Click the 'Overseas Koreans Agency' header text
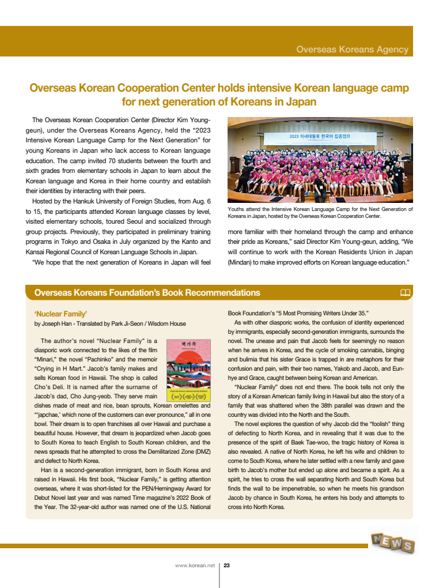click(x=352, y=50)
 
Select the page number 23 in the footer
click(x=227, y=566)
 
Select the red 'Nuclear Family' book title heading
click(x=60, y=314)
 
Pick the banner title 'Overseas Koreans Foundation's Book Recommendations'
click(x=147, y=293)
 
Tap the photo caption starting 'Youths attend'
click(x=320, y=213)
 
